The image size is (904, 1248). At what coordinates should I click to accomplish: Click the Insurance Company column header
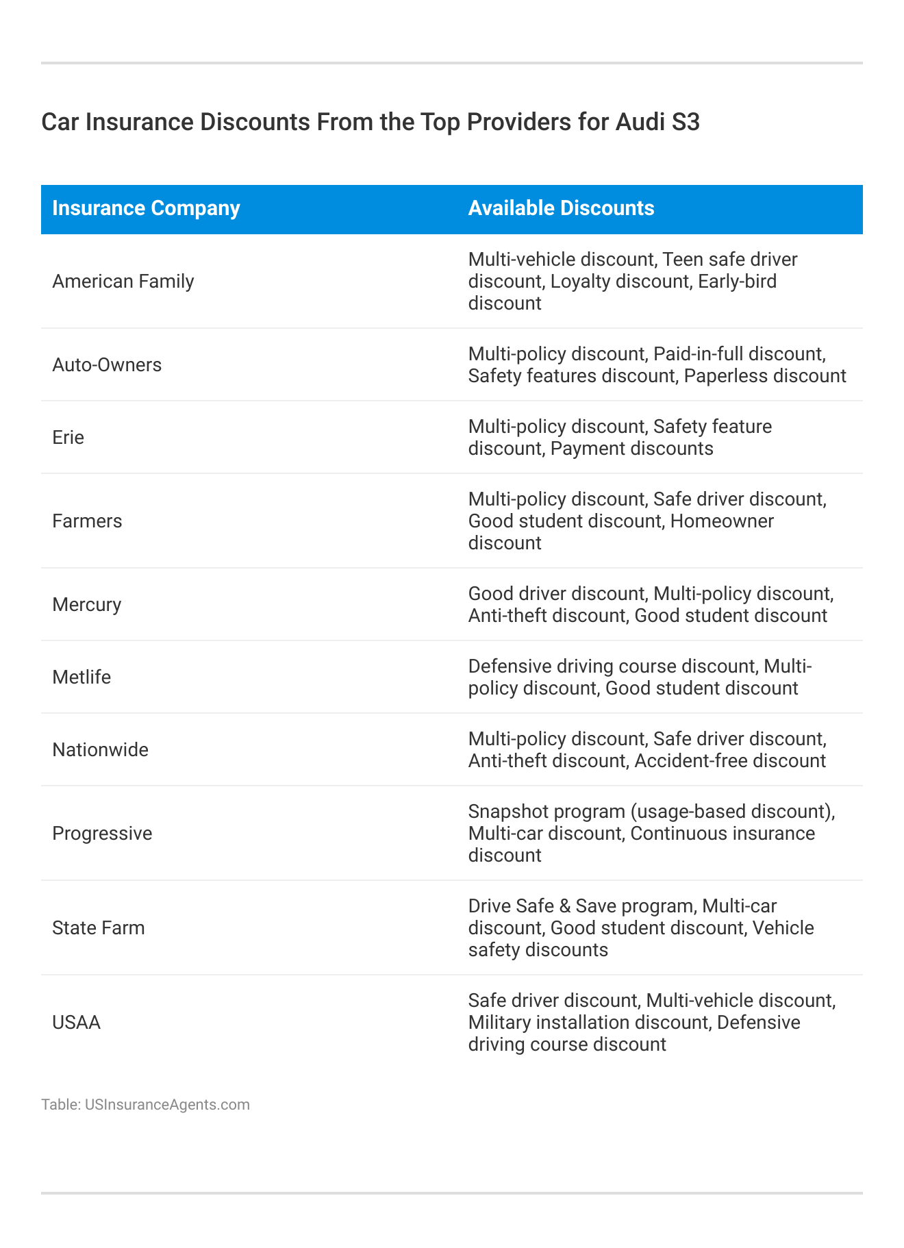click(x=146, y=208)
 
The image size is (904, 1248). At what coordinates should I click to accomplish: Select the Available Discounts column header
click(x=561, y=208)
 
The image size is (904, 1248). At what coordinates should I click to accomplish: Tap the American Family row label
click(x=123, y=282)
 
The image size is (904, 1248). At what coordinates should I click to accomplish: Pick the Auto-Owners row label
click(x=107, y=365)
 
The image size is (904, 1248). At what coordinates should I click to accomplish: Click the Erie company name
click(x=68, y=438)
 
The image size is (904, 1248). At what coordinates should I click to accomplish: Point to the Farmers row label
click(x=87, y=521)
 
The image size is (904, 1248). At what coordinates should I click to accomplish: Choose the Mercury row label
click(x=86, y=605)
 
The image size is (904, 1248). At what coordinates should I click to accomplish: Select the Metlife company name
click(x=81, y=677)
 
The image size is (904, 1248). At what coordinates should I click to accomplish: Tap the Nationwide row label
click(x=100, y=750)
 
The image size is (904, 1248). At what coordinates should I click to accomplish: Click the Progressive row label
click(x=102, y=834)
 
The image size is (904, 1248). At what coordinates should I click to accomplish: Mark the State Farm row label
click(x=99, y=928)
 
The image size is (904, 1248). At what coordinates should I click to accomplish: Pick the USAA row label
click(x=76, y=1023)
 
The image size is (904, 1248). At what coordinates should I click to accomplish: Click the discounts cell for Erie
click(x=620, y=438)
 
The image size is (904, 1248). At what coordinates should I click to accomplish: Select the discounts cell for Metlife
click(x=640, y=677)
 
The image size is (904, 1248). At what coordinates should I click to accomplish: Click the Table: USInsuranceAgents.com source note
click(x=145, y=1105)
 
